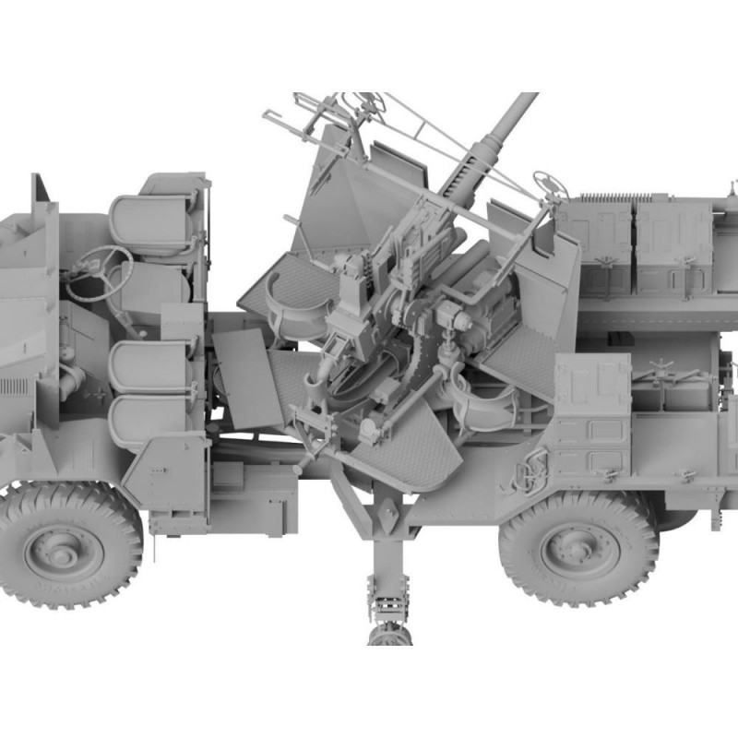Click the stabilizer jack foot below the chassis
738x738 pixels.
click(389, 635)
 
